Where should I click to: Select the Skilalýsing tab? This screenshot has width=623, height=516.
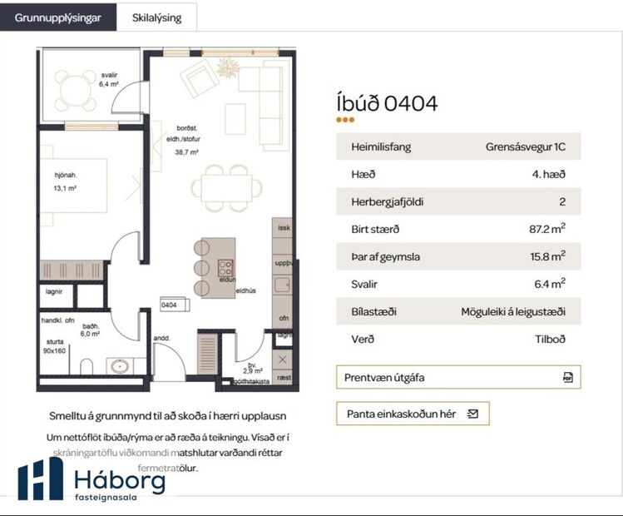(x=156, y=17)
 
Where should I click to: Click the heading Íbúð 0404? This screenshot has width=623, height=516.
(x=387, y=103)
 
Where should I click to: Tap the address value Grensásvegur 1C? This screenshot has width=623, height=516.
(x=526, y=147)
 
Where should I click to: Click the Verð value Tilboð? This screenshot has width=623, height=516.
(x=551, y=339)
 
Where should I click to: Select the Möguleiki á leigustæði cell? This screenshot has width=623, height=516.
(x=513, y=311)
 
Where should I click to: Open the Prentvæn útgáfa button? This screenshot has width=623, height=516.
(x=457, y=377)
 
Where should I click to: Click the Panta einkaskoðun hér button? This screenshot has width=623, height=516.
(x=413, y=413)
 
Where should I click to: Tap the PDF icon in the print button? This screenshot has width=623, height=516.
(x=567, y=377)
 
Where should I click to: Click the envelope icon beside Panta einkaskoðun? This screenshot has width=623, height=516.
(x=473, y=413)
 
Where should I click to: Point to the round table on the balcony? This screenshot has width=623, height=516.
(x=76, y=84)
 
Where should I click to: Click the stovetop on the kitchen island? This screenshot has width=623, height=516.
(x=225, y=268)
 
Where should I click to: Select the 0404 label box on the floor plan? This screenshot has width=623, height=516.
(x=170, y=305)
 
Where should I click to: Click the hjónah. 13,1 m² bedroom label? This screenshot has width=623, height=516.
(x=64, y=182)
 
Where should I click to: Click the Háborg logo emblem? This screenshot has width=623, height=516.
(x=40, y=479)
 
